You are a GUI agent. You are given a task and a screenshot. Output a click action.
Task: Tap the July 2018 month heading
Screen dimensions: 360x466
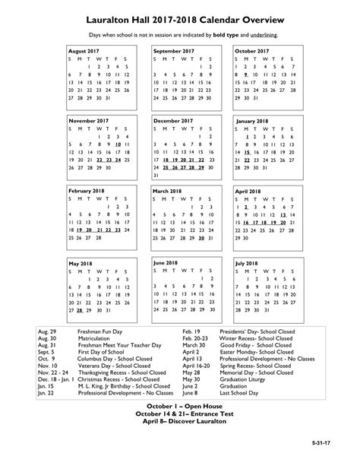click(x=253, y=262)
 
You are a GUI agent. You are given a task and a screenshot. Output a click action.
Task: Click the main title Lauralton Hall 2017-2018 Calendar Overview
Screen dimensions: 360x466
click(x=181, y=14)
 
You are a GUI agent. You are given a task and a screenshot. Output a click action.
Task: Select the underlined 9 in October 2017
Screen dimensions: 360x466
click(x=246, y=75)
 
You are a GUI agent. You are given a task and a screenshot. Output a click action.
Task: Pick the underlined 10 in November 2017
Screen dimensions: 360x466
click(x=118, y=144)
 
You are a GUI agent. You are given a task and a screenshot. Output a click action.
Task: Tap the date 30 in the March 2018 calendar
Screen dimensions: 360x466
click(x=201, y=238)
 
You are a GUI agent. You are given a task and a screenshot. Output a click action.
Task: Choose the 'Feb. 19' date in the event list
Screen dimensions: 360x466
click(x=191, y=333)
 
